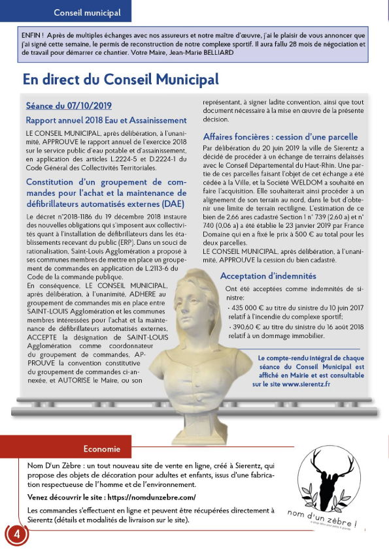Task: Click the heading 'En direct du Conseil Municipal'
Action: [120, 80]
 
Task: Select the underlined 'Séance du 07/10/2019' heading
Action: [69, 105]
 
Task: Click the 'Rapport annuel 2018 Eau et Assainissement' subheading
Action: [106, 120]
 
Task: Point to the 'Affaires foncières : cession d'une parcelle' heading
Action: [280, 137]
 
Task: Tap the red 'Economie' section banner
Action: [101, 448]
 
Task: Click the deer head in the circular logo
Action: [331, 474]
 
